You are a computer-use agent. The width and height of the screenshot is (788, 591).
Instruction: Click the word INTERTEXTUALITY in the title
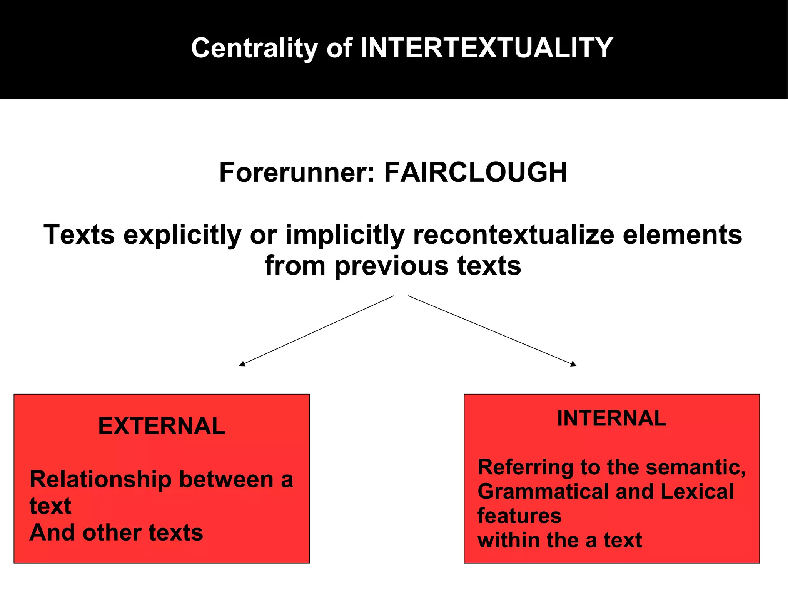pyautogui.click(x=486, y=48)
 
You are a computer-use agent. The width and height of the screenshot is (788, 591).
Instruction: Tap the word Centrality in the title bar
pyautogui.click(x=254, y=48)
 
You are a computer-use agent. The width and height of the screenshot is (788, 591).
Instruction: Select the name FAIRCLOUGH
pyautogui.click(x=476, y=172)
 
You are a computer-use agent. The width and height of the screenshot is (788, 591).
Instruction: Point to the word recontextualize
pyautogui.click(x=513, y=234)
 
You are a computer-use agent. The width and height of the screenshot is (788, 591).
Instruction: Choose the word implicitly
pyautogui.click(x=345, y=235)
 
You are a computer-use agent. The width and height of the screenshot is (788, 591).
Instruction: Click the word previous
pyautogui.click(x=391, y=266)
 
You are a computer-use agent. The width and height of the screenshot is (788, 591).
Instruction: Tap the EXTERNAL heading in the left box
pyautogui.click(x=162, y=426)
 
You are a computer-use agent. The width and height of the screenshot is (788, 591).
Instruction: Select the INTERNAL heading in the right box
pyautogui.click(x=611, y=419)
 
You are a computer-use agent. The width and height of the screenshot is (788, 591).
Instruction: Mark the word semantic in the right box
pyautogui.click(x=696, y=467)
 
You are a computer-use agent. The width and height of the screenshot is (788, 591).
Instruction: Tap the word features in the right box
pyautogui.click(x=519, y=516)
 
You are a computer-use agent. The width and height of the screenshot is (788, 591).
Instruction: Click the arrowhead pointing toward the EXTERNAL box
pyautogui.click(x=242, y=364)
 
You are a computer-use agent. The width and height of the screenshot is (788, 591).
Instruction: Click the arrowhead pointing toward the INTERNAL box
pyautogui.click(x=574, y=364)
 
